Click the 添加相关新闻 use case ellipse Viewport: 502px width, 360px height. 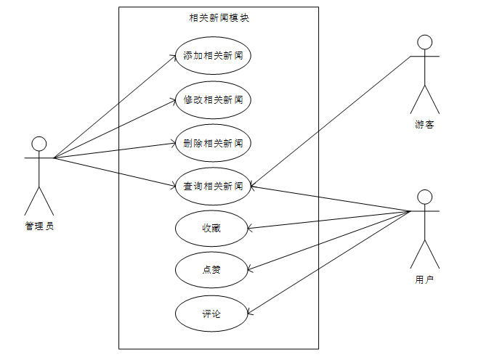[x=213, y=56]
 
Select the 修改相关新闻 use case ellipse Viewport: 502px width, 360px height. [x=213, y=99]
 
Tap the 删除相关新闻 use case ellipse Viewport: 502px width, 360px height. [x=213, y=143]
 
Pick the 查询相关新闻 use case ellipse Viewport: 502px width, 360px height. [x=213, y=187]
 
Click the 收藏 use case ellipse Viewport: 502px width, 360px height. [x=211, y=229]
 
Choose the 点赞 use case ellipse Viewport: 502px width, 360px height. [x=211, y=271]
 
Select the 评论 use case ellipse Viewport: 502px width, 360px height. [x=211, y=314]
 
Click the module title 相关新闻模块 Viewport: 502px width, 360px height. [x=219, y=18]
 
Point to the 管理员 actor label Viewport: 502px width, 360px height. [x=39, y=226]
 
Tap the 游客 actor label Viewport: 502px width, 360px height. [x=425, y=125]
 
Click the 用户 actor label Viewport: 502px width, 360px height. [x=425, y=279]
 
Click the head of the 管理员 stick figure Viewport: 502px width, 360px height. [x=39, y=143]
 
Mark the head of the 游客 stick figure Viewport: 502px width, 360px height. [x=425, y=41]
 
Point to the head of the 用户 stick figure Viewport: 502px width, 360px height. [x=425, y=197]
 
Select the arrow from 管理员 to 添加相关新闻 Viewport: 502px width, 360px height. [x=115, y=106]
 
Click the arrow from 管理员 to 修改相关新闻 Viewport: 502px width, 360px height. [x=115, y=128]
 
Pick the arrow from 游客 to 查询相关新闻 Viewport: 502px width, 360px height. [x=331, y=120]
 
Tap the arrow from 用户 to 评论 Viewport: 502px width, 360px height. [x=331, y=263]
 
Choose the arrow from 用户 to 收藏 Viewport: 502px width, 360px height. [x=331, y=220]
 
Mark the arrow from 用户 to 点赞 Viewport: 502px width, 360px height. [x=331, y=241]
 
